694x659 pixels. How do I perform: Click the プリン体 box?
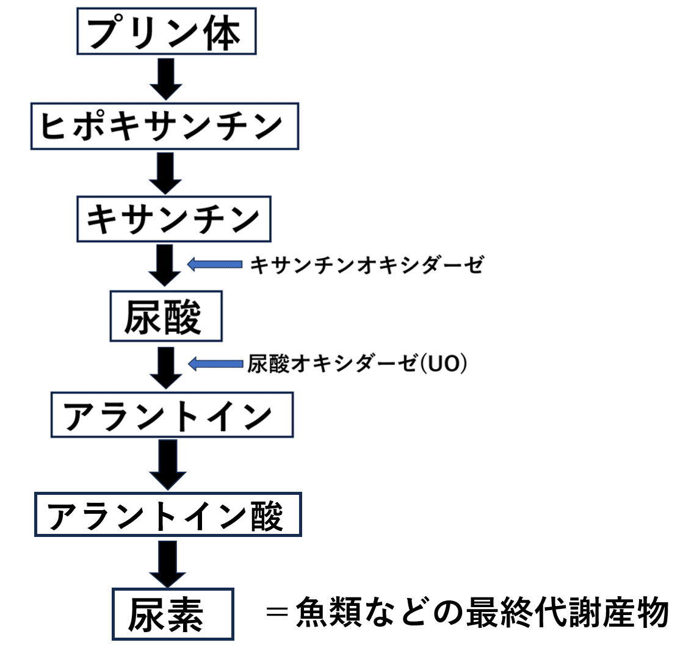click(165, 31)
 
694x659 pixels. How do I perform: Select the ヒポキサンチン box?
click(164, 127)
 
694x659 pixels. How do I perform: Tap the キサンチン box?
click(173, 218)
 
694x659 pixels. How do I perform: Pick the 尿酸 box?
click(165, 316)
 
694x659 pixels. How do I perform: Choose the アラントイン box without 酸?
click(172, 415)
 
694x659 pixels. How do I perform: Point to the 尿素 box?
click(173, 614)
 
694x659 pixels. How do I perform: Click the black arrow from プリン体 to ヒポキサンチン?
click(166, 77)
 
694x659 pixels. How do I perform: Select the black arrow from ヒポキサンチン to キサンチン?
click(166, 173)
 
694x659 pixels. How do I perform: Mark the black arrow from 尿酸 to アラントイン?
click(166, 367)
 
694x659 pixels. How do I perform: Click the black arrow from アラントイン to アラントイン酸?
click(167, 465)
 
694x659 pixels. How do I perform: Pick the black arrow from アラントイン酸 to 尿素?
click(167, 564)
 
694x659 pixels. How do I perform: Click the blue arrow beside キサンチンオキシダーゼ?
click(214, 264)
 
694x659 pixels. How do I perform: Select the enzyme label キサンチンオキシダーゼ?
click(367, 265)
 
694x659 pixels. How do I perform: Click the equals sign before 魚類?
click(277, 613)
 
